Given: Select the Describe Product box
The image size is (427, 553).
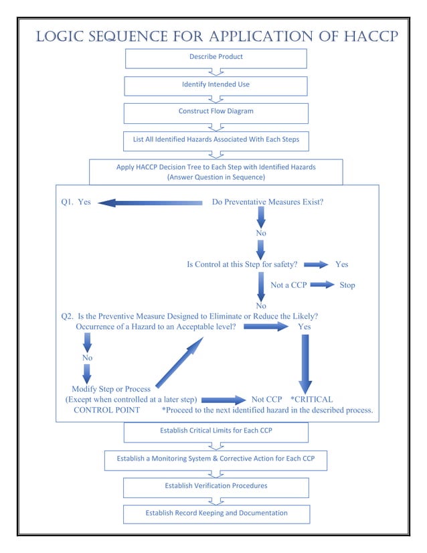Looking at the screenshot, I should click(x=216, y=58).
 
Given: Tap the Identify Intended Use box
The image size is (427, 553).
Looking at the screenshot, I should click(x=216, y=86).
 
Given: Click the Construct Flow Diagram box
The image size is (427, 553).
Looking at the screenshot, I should click(x=216, y=112).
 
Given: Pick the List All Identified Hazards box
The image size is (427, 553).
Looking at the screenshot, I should click(x=216, y=141).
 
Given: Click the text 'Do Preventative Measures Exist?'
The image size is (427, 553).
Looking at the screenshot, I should click(x=268, y=202).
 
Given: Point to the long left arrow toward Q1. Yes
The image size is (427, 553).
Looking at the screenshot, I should click(x=151, y=202).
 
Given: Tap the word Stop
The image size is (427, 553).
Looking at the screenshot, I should click(x=347, y=285).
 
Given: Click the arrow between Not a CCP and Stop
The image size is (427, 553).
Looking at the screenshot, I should click(x=323, y=285).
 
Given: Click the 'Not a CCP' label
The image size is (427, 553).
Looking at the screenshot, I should click(x=288, y=285).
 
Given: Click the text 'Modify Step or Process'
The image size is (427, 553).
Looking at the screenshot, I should click(x=111, y=389).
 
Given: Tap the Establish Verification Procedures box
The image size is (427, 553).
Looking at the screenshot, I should click(x=216, y=487).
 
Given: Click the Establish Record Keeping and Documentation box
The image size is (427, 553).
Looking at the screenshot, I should click(x=216, y=513).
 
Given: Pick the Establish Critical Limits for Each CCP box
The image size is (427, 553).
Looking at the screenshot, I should click(x=216, y=431).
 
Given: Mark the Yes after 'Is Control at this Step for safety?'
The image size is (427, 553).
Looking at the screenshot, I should click(x=341, y=264).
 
